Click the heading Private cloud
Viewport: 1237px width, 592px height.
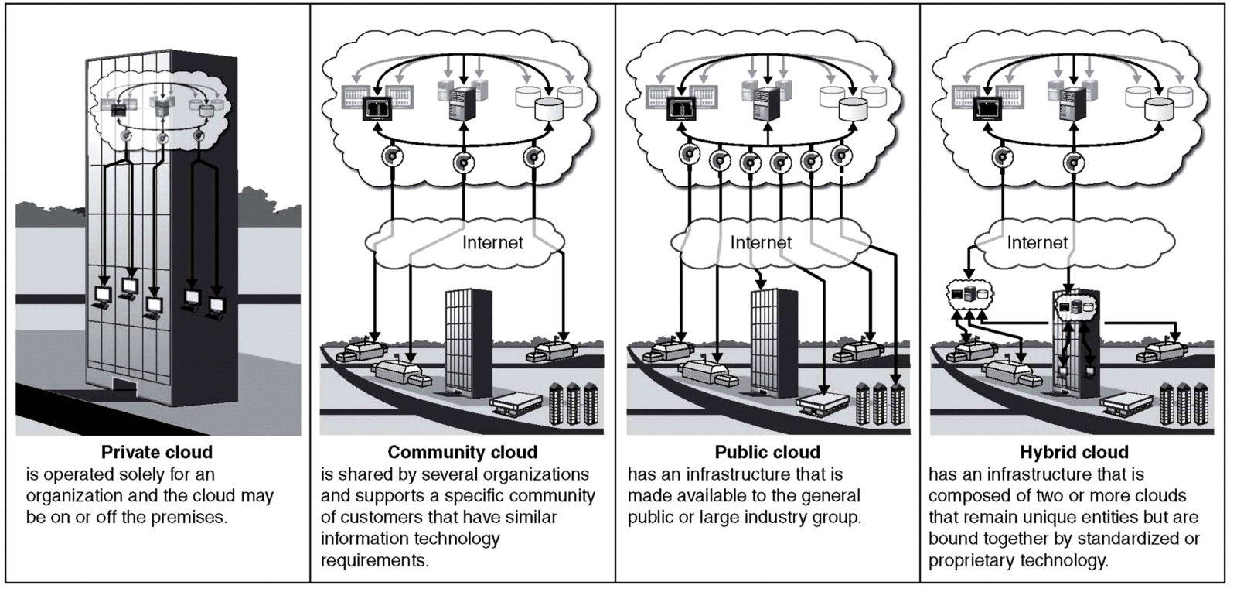(x=156, y=451)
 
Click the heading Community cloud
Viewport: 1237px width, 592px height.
(x=462, y=452)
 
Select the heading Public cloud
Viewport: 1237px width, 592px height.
(x=767, y=452)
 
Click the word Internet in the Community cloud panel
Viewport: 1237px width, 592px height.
(x=492, y=242)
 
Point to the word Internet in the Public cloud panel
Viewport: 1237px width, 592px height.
(x=761, y=242)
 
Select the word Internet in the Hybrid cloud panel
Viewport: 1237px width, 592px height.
(x=1037, y=242)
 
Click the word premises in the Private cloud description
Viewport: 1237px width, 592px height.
(x=193, y=517)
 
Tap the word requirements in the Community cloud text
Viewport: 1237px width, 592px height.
(x=374, y=559)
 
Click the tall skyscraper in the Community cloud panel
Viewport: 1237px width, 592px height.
(x=467, y=340)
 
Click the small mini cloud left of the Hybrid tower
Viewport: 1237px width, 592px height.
(x=969, y=294)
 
